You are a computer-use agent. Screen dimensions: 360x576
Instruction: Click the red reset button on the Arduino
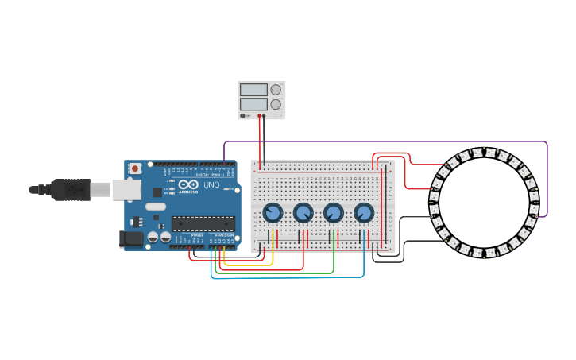click(x=135, y=168)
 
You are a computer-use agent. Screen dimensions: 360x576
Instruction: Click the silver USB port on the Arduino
click(x=126, y=189)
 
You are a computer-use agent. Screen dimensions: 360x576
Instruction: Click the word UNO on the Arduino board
click(x=211, y=184)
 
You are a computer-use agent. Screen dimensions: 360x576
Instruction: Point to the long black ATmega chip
click(x=203, y=223)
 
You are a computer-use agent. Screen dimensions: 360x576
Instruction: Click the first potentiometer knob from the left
click(x=273, y=213)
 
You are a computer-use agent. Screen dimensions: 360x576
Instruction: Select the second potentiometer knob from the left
click(x=303, y=213)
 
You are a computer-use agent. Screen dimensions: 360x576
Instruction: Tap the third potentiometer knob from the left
click(x=334, y=213)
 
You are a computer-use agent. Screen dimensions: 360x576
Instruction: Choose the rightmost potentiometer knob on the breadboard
click(x=364, y=213)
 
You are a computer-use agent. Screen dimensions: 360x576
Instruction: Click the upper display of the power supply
click(x=253, y=90)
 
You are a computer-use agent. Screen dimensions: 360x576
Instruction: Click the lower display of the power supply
click(x=253, y=104)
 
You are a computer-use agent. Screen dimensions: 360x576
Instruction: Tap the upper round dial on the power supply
click(x=276, y=90)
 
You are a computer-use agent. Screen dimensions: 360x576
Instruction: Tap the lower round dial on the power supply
click(x=276, y=104)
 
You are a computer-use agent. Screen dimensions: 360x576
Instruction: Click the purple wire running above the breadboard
click(x=381, y=142)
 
